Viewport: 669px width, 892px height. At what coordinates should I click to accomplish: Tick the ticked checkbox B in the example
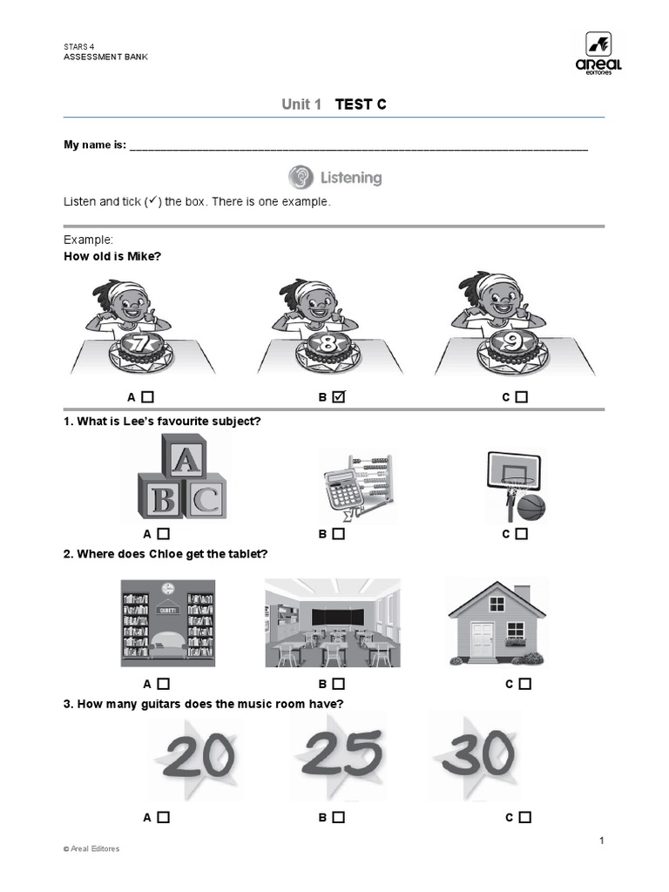coord(339,397)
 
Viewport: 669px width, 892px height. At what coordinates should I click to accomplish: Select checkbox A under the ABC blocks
coord(164,534)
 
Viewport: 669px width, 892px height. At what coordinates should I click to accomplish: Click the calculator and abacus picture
coord(355,486)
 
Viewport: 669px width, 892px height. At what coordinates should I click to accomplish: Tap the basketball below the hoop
coord(530,507)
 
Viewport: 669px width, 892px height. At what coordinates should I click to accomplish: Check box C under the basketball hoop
coord(521,534)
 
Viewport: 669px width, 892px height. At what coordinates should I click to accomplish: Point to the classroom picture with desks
coord(333,623)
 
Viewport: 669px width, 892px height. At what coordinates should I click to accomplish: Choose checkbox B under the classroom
coord(339,684)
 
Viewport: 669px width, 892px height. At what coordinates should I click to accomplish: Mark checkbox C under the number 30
coord(524,817)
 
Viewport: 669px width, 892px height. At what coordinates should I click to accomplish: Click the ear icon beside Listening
coord(301,178)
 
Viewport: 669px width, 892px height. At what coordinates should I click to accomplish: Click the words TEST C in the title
coord(361,105)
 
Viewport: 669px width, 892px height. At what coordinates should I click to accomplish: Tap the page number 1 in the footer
coord(601,841)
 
